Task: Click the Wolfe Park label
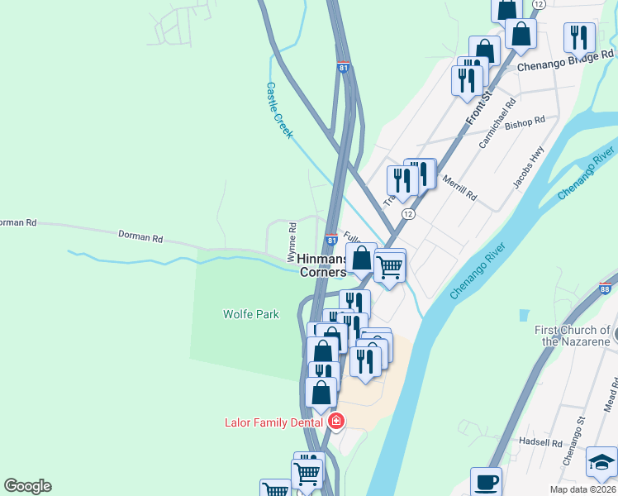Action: [x=250, y=314]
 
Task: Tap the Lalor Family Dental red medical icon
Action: [x=336, y=422]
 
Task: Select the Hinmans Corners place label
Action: [x=321, y=265]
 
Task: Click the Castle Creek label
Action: [x=278, y=109]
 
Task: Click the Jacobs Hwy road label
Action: [x=529, y=168]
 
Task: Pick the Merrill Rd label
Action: [x=459, y=188]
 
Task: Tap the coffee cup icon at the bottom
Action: [x=486, y=482]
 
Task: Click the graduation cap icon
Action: [x=601, y=461]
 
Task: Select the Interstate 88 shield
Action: [x=605, y=288]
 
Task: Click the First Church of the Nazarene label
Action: [x=572, y=336]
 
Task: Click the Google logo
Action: [x=27, y=486]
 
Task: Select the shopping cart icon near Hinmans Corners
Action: [x=389, y=266]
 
